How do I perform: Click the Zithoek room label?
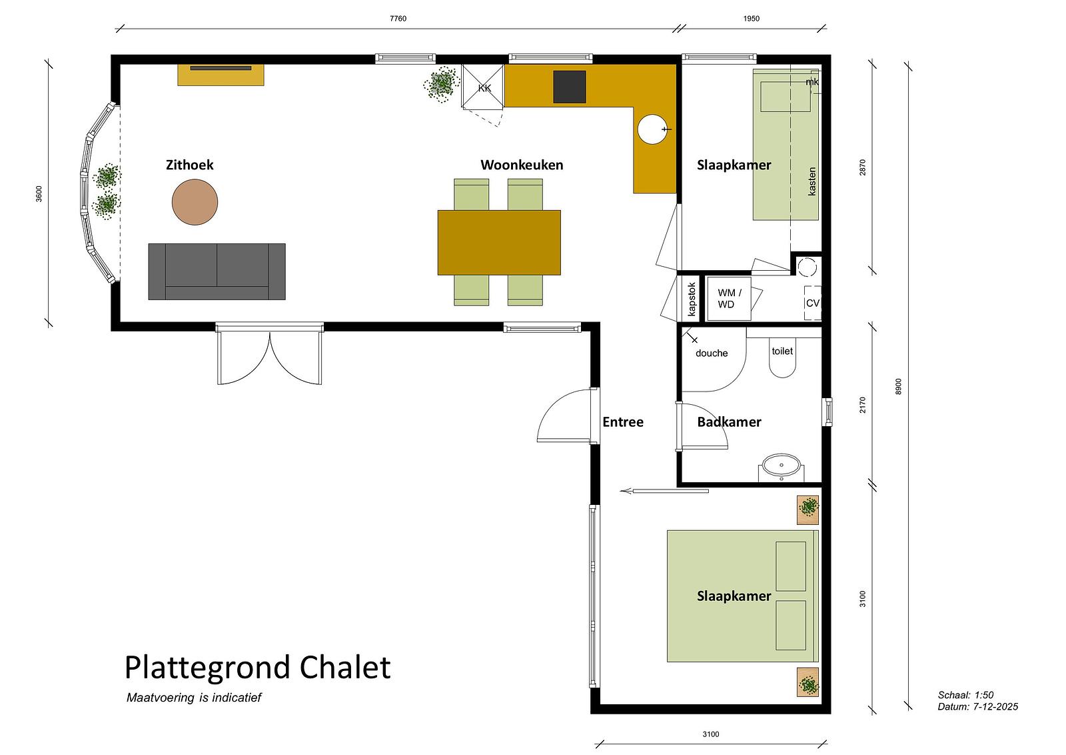point(189,165)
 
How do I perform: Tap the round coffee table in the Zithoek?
point(195,202)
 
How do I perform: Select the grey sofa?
point(217,271)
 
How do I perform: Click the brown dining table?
point(499,243)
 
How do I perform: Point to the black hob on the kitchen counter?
point(570,87)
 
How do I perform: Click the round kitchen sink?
point(652,129)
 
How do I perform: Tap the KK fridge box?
point(483,86)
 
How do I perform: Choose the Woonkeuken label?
point(522,165)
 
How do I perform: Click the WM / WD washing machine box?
point(728,299)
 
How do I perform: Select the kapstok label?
point(692,299)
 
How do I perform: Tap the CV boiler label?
point(813,303)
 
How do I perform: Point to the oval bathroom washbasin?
point(782,465)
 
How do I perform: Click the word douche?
point(712,353)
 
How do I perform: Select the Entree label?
point(623,422)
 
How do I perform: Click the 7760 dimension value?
point(398,19)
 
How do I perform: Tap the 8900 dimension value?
point(898,386)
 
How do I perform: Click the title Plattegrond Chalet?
point(257,668)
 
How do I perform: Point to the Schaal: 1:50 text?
point(965,695)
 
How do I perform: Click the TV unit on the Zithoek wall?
point(221,75)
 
